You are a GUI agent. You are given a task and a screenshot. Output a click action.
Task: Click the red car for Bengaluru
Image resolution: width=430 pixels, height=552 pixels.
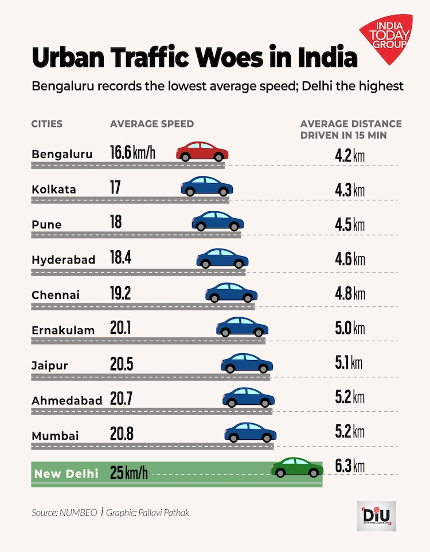point(202,152)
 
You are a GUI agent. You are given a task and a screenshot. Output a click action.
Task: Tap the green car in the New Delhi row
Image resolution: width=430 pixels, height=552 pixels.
point(297,468)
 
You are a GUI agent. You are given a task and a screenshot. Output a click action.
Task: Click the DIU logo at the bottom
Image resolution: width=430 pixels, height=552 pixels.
point(376,515)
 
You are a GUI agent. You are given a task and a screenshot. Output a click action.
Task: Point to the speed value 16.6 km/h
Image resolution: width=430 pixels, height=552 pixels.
point(132,152)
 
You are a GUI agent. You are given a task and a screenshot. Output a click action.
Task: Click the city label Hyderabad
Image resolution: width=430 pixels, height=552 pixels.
point(64,259)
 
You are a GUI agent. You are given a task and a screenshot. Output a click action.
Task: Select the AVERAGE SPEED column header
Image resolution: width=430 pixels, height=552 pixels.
point(151,124)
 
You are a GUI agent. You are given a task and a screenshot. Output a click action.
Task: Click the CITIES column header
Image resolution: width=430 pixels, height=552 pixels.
point(47,124)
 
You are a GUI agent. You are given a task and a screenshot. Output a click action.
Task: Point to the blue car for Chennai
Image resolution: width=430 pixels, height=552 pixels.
point(231,293)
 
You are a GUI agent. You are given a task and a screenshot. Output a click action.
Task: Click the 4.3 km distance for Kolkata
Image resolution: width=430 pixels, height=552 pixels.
point(350,190)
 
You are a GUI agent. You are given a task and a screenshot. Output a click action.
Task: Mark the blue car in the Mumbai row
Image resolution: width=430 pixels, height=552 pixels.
point(250,432)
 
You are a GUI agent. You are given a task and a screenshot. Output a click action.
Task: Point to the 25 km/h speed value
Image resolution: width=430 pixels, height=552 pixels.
point(129,474)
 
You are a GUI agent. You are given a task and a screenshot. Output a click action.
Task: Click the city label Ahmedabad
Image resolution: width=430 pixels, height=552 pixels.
point(67,400)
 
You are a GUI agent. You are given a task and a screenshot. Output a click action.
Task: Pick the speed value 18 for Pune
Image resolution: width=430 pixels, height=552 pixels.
point(116,222)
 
